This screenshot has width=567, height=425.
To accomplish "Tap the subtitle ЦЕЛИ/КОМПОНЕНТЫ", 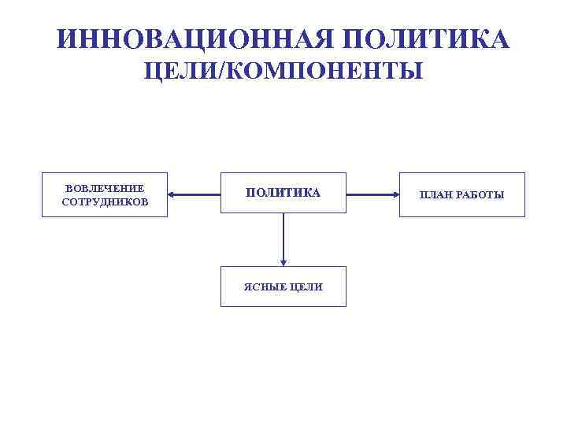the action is tap(283, 72).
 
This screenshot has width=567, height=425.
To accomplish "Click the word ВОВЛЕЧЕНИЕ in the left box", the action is tap(105, 189).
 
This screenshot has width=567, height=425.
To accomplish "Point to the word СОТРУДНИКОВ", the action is tap(105, 201).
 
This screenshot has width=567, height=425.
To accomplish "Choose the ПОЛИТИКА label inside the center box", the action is tap(283, 193).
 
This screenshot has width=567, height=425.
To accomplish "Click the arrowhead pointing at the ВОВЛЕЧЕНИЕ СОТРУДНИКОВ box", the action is tap(172, 194).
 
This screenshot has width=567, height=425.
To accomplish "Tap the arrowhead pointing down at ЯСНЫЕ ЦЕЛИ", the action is tap(283, 263).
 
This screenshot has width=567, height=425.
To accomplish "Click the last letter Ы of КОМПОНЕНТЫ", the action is tap(413, 72).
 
